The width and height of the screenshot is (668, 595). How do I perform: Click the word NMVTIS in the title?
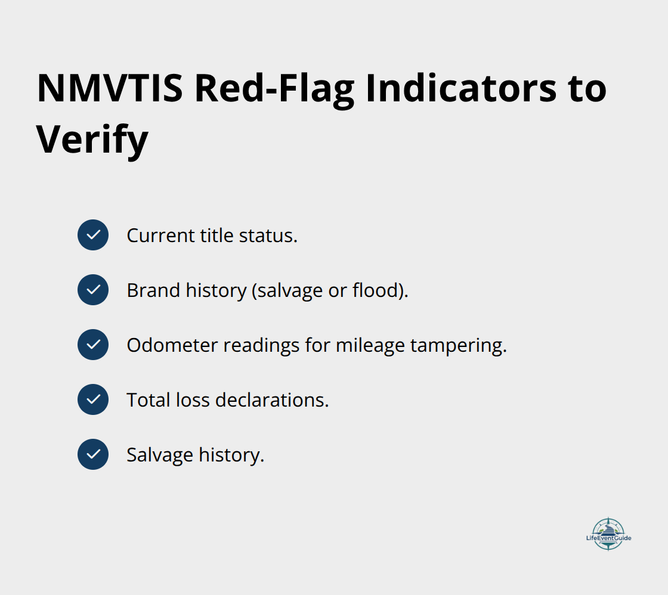(110, 89)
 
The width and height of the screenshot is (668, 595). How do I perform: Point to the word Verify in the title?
(92, 141)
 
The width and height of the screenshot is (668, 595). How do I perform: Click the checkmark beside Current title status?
(93, 235)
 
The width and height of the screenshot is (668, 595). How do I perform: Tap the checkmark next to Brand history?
(93, 290)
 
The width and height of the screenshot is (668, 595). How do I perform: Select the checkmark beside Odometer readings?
(93, 345)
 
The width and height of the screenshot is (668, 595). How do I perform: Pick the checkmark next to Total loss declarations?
(93, 399)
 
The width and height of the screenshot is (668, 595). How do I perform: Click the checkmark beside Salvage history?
(93, 454)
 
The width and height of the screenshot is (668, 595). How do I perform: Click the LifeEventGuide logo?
(608, 534)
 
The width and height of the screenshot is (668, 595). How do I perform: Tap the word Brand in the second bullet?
(145, 290)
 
